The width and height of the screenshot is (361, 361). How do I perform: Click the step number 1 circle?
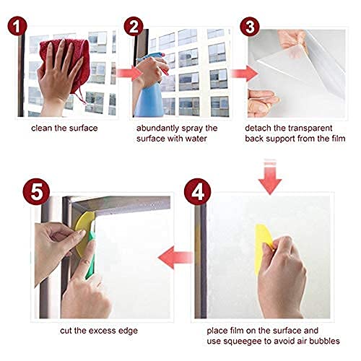[x=17, y=26]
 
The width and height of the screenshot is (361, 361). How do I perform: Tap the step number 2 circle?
[x=134, y=26]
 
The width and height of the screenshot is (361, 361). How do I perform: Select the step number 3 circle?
[x=250, y=27]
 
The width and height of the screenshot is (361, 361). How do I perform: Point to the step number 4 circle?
[x=198, y=192]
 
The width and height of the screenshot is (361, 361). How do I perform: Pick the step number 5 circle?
[x=36, y=192]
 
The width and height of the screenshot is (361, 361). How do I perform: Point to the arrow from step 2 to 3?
[x=244, y=74]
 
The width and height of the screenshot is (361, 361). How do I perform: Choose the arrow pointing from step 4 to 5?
[x=175, y=258]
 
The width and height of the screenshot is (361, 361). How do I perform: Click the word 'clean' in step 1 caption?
[x=42, y=128]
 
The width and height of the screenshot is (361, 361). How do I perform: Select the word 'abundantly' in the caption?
[x=157, y=129]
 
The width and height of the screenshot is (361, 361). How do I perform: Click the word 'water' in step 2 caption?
[x=196, y=139]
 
